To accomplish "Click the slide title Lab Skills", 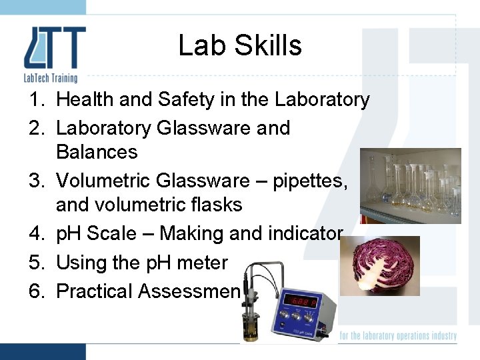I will click(240, 46).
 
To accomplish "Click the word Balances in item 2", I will click(97, 152).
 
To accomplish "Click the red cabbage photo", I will click(379, 265).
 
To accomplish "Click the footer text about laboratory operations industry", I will click(398, 335).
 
